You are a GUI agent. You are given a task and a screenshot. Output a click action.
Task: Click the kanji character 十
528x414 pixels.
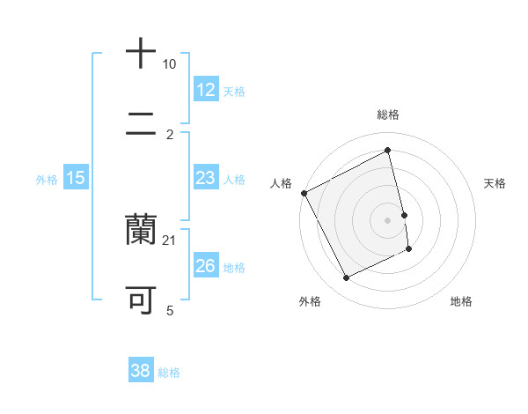[x=142, y=53]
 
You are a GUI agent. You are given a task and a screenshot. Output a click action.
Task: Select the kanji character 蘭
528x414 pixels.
[x=142, y=229]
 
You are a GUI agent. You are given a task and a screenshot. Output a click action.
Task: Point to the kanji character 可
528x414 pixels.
[x=142, y=299]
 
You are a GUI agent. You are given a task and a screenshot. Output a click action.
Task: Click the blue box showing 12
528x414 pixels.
[x=206, y=90]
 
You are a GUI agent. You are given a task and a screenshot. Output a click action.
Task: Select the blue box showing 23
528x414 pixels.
[x=206, y=178]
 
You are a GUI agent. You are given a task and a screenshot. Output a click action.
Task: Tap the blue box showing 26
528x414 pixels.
[x=206, y=266]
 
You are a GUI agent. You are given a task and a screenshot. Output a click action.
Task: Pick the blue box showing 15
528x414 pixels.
[x=76, y=178]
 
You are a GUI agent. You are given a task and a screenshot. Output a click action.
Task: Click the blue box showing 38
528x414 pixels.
[x=140, y=371]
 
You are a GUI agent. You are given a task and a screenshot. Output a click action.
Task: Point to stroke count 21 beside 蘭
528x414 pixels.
[x=170, y=240]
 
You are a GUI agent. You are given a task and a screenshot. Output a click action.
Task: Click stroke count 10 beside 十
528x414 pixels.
[x=170, y=64]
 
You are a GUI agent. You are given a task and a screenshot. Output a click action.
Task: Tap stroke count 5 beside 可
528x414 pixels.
[x=170, y=310]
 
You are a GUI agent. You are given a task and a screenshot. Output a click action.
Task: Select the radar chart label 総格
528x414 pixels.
[x=388, y=115]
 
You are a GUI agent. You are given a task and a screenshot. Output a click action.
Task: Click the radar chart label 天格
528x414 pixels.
[x=495, y=183]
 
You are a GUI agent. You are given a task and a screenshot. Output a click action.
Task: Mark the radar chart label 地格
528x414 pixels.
[x=461, y=301]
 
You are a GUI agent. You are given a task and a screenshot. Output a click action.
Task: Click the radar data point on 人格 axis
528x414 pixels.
[x=304, y=193]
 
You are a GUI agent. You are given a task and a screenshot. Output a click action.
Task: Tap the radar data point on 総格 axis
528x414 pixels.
[x=388, y=151]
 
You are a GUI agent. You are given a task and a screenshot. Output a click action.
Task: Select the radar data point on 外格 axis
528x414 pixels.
[x=347, y=278]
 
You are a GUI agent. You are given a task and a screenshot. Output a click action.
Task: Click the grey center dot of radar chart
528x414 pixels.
[x=388, y=220]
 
